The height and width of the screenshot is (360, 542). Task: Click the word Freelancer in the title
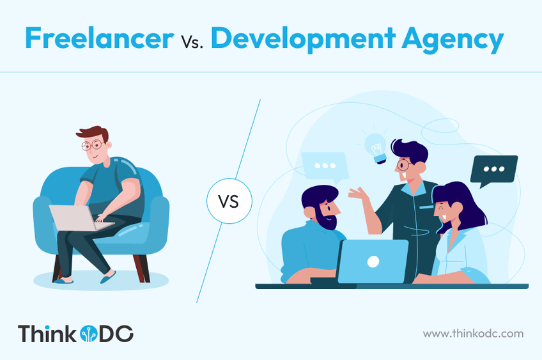click(99, 38)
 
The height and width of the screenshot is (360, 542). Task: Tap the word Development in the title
click(303, 39)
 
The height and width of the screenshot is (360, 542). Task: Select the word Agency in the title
click(453, 40)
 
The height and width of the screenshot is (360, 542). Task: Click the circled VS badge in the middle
click(229, 201)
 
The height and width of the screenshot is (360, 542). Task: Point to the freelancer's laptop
click(81, 218)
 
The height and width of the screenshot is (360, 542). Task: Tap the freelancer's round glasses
click(91, 145)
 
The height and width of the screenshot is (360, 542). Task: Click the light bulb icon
click(376, 148)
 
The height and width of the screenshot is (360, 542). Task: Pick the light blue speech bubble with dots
click(325, 168)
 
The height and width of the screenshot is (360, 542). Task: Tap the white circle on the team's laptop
click(373, 262)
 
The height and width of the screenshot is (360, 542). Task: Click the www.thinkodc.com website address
click(473, 334)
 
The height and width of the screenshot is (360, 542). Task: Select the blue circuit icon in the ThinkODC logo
click(88, 334)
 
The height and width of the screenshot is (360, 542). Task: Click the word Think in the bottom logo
click(47, 334)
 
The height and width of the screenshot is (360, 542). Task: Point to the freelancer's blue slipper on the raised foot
click(108, 276)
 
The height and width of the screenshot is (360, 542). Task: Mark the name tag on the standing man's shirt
click(426, 207)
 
